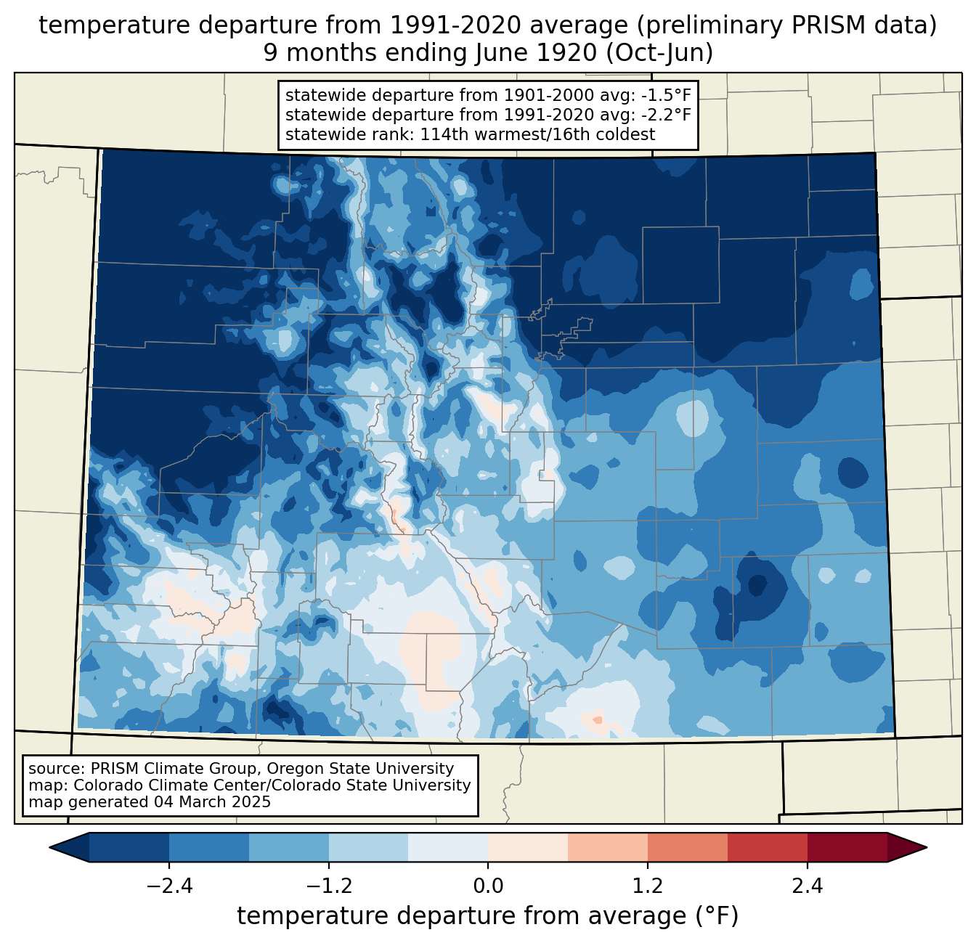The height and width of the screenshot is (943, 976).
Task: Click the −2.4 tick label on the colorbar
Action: tap(169, 886)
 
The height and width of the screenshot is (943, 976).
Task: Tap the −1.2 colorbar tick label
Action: tap(329, 886)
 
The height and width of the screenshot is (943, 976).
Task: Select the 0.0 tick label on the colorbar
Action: tap(488, 886)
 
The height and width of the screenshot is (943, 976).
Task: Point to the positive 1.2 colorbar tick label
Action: tap(648, 886)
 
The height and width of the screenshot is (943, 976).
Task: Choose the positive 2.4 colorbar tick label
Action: tap(807, 886)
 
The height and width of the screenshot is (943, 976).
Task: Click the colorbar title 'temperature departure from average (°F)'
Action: tap(488, 916)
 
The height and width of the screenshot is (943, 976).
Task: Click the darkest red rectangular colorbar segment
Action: tap(847, 847)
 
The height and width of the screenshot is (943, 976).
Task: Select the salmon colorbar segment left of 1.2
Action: tap(608, 847)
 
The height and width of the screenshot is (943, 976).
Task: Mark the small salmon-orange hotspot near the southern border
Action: tap(597, 719)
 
